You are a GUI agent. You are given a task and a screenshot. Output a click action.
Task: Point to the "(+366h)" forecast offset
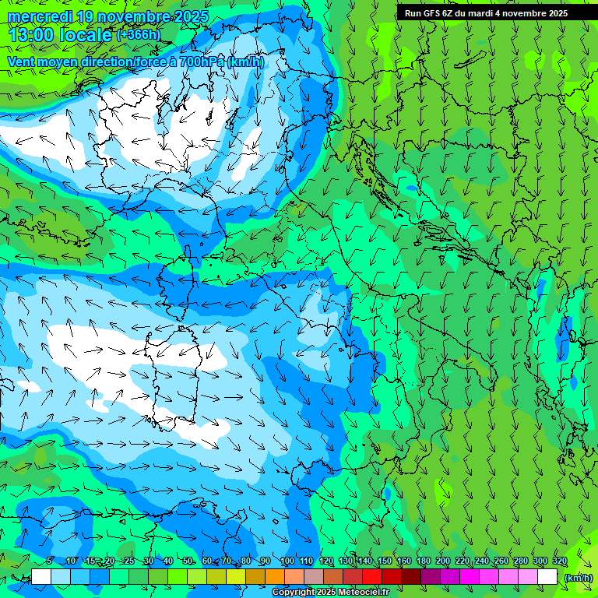point(138,34)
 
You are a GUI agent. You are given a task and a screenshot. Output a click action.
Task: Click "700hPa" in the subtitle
point(202,62)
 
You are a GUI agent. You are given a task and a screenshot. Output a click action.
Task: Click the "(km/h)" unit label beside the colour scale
point(578,578)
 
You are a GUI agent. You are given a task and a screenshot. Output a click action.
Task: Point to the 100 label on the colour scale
point(287,561)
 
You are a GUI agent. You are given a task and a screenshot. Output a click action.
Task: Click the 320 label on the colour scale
point(560,561)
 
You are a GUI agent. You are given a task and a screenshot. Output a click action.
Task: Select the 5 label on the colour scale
point(49,561)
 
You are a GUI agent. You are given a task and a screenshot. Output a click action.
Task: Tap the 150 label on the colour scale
point(385,561)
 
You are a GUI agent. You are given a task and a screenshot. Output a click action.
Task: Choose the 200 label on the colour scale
point(443,561)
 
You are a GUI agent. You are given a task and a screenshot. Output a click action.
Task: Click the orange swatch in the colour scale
point(275,577)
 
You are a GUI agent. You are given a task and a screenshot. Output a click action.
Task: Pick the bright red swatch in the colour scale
point(372,577)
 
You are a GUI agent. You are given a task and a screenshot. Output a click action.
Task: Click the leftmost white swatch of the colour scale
point(41,577)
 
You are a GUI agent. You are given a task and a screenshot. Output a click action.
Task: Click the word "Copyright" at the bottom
point(294,593)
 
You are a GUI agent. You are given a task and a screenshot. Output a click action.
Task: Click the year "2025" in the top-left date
point(191,17)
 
